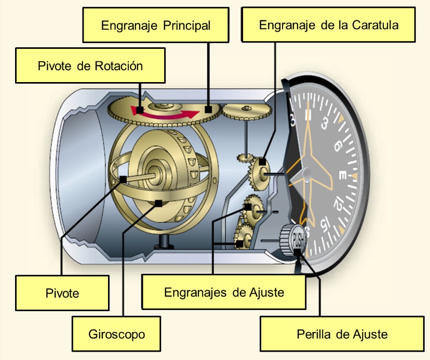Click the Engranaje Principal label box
click(x=156, y=25)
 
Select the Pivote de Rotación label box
click(x=90, y=65)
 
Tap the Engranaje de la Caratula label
click(x=329, y=24)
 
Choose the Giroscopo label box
click(x=115, y=333)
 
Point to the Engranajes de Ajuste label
click(x=224, y=292)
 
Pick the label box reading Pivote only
click(x=62, y=293)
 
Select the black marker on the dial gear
click(x=263, y=163)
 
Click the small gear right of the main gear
click(x=247, y=111)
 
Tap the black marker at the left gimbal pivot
click(x=123, y=179)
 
